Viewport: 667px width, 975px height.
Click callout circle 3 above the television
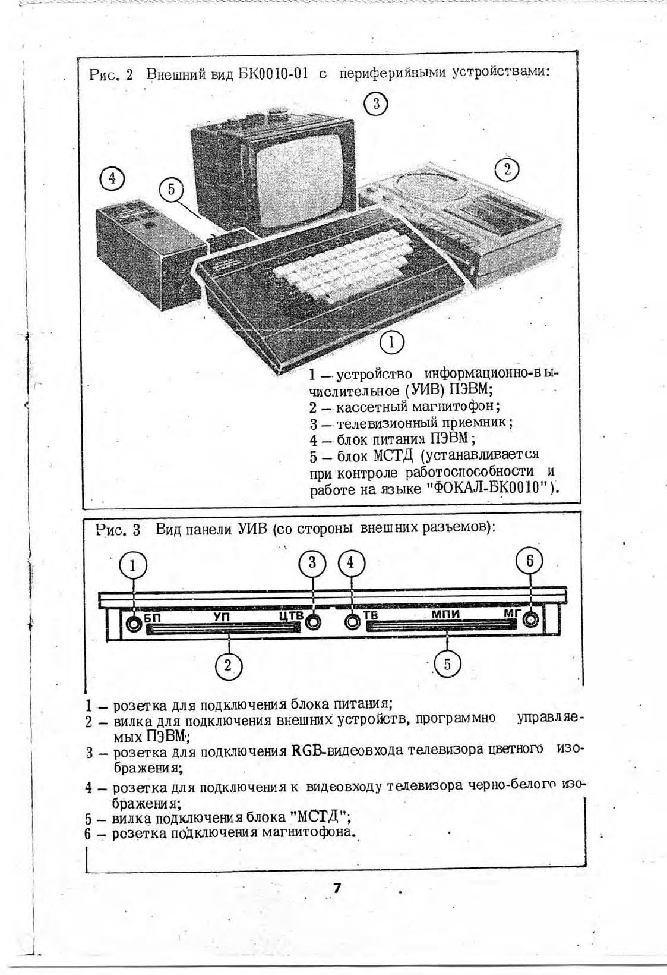click(375, 104)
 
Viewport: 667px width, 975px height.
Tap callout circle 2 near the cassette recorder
click(507, 169)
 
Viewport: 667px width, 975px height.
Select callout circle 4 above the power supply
click(112, 178)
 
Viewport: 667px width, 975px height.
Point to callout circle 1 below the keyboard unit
click(391, 342)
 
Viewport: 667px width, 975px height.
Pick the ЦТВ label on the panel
click(291, 615)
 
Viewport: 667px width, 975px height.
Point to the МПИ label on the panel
click(445, 614)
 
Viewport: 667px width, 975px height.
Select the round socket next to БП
click(134, 624)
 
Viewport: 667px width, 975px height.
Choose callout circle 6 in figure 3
click(529, 561)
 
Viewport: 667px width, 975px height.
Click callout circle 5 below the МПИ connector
click(447, 664)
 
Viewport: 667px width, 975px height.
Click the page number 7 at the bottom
click(337, 888)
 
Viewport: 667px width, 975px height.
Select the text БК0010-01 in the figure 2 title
click(274, 74)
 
